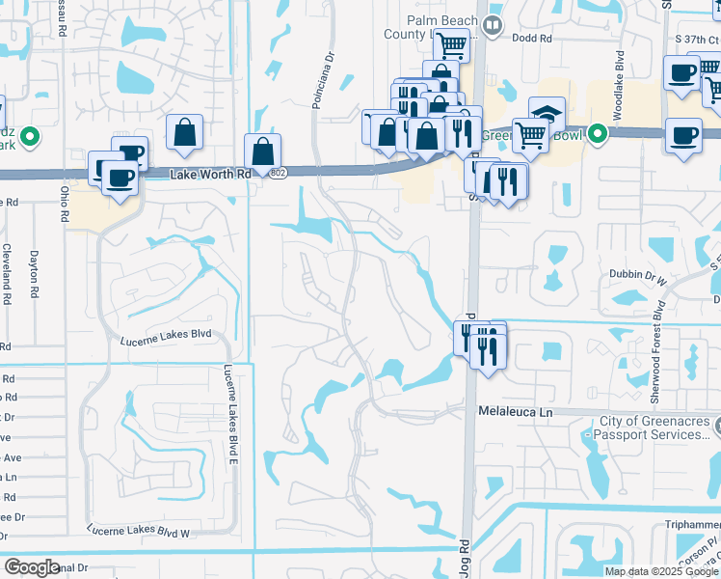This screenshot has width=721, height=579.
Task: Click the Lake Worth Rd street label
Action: tap(210, 175)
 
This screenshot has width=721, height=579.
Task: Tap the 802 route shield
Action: tap(279, 173)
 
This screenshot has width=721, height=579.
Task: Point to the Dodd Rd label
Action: tap(532, 39)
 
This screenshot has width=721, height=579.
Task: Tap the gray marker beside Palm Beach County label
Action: tap(494, 26)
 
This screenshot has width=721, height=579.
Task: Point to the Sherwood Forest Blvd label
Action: tap(659, 333)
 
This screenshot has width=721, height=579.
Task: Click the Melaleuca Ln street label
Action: tap(519, 411)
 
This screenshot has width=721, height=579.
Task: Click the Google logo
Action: tap(32, 567)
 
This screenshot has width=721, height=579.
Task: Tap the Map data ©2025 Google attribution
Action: tap(660, 571)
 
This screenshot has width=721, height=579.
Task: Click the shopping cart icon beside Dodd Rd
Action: tap(450, 44)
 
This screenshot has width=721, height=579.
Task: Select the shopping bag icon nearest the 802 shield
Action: tap(263, 151)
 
